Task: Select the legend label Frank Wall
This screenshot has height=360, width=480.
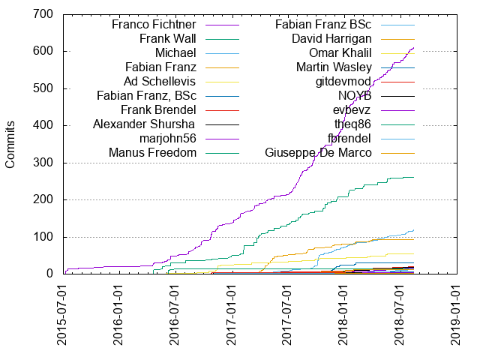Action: coord(167,38)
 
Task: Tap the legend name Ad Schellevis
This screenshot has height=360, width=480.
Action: coord(160,81)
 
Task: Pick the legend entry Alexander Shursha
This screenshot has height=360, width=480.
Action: coord(144,124)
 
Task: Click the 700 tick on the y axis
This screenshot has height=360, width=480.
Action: coord(42,14)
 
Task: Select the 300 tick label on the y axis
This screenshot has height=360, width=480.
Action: coord(42,163)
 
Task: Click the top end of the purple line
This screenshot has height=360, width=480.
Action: coord(414,47)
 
